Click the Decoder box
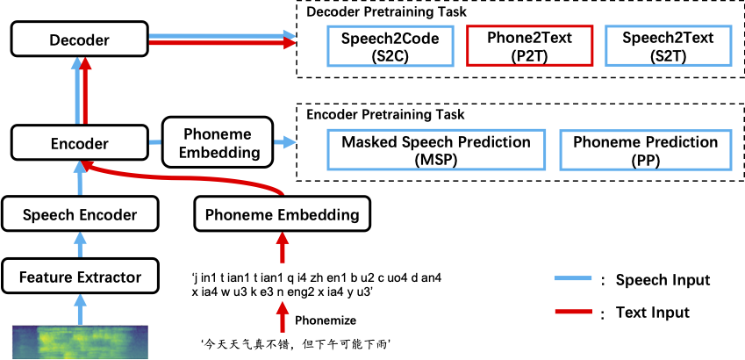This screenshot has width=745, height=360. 79,40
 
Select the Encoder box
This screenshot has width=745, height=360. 79,143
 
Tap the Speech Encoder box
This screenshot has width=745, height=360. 79,214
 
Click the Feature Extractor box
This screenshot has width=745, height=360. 80,278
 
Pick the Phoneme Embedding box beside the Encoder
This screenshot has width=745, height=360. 218,142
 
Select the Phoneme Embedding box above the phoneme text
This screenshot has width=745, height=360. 282,214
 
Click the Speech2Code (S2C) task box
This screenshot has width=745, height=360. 390,47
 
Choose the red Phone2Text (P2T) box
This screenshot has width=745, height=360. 528,47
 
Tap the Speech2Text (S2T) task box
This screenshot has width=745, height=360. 667,47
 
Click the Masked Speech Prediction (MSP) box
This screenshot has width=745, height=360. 436,150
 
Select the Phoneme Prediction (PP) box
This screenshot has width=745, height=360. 645,150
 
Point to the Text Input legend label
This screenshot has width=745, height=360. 652,313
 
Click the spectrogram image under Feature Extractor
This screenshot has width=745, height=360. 80,342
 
